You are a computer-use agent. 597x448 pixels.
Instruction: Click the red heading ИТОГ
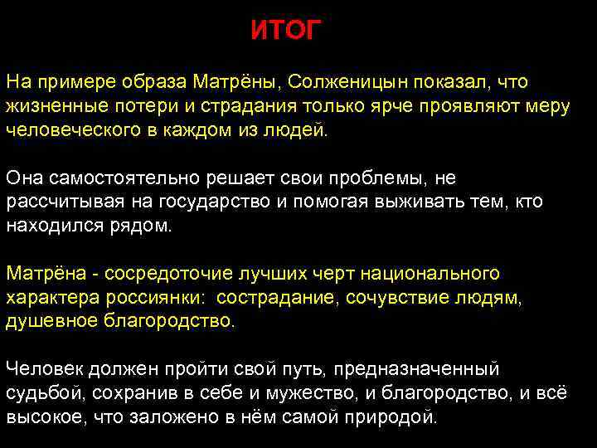(x=284, y=32)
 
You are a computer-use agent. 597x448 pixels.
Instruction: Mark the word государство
(x=206, y=202)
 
